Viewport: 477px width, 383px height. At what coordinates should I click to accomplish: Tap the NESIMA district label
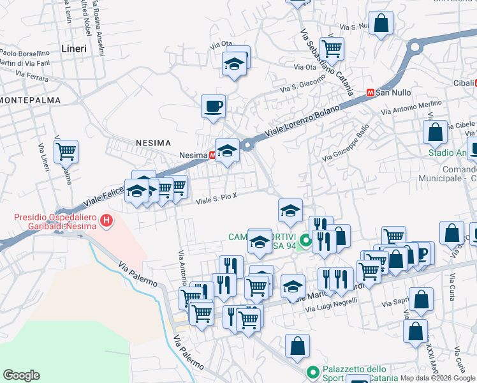[152, 144]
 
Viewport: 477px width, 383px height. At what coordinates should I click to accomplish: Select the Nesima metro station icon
[212, 155]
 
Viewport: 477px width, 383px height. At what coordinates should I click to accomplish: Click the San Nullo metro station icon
[369, 93]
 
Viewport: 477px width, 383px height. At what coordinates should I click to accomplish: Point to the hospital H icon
[107, 222]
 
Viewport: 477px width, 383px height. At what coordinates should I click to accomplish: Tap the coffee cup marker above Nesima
[213, 106]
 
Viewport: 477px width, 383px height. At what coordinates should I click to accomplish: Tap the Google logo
[21, 375]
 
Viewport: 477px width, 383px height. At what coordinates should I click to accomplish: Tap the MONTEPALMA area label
[31, 100]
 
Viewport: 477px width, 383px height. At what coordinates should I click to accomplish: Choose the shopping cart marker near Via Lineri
[66, 152]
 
